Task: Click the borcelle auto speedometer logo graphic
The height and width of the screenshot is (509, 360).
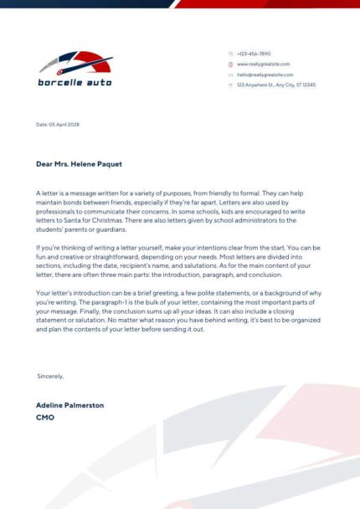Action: pos(75,64)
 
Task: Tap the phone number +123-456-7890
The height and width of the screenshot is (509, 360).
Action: pos(254,54)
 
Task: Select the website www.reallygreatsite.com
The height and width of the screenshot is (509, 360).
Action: pos(263,64)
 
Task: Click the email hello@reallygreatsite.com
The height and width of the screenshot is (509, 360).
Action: pos(265,75)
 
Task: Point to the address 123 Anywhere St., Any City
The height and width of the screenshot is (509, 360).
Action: pos(275,85)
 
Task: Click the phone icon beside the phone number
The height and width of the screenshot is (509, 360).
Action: pos(230,54)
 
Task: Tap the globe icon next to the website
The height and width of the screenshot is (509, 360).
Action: pos(230,64)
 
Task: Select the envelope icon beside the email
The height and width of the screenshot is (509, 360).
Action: pos(230,75)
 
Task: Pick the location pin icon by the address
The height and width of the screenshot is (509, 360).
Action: pos(230,85)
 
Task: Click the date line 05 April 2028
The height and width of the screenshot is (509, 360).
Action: pos(59,125)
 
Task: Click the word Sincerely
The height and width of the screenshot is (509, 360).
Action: pos(50,376)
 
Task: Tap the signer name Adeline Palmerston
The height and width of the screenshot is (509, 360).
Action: pos(70,404)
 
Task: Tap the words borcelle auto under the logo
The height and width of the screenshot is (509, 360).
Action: pos(75,83)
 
